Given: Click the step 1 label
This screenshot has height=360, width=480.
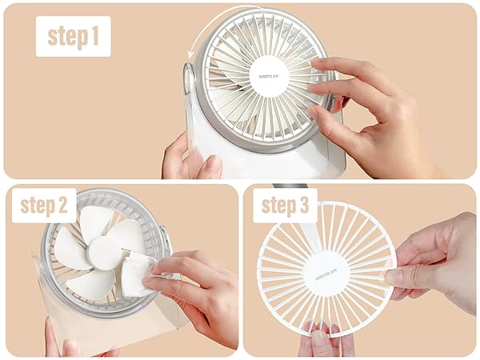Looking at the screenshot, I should click(73, 36).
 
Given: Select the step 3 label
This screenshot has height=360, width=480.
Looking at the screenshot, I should click(285, 206).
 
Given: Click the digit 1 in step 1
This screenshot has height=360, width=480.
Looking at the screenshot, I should click(95, 36).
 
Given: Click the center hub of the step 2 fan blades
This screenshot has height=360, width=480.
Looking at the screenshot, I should click(104, 253).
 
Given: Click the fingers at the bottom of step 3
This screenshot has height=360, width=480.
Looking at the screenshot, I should click(325, 339).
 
